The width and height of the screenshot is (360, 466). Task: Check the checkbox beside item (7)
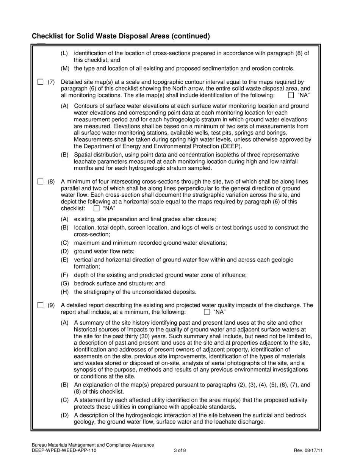[40, 82]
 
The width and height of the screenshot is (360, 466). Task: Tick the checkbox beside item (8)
[40, 181]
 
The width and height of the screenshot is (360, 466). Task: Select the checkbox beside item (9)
[40, 305]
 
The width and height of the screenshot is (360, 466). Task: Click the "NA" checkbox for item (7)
[291, 95]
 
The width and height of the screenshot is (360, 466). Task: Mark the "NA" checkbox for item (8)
[97, 208]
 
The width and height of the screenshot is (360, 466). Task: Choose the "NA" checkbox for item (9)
[207, 312]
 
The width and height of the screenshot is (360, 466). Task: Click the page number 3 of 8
[180, 450]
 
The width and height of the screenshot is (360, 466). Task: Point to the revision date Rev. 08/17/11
[308, 450]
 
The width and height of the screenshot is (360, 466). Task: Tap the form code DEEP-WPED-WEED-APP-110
[64, 450]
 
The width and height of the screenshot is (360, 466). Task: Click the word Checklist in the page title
[47, 36]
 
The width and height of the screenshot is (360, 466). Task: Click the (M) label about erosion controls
[65, 69]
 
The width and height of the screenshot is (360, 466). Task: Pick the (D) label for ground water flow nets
[65, 251]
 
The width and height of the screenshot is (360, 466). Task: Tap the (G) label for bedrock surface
[65, 283]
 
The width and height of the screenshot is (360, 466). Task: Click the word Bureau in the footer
[41, 445]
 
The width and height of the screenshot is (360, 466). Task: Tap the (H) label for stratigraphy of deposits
[65, 292]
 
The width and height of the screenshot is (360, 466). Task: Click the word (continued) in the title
[191, 36]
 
